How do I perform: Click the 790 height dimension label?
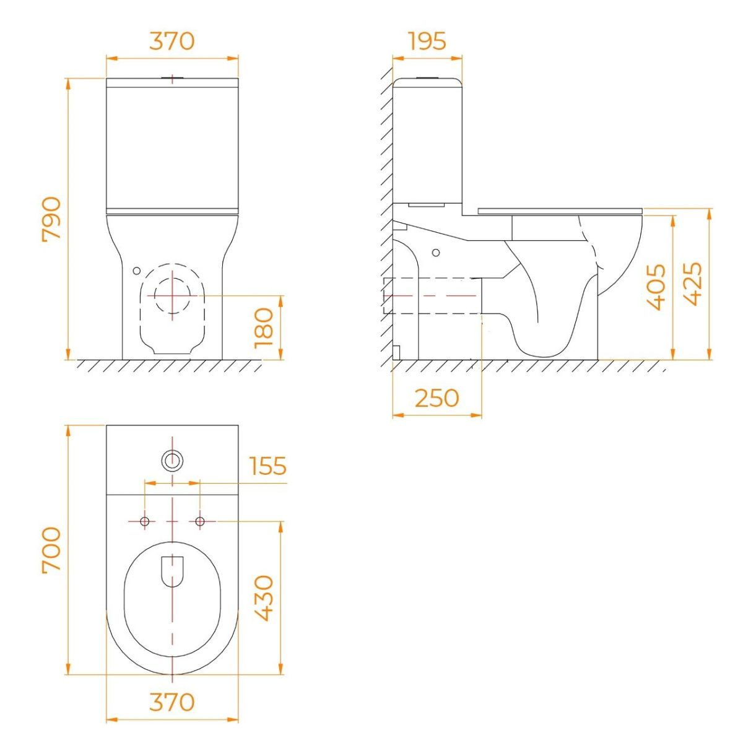51,219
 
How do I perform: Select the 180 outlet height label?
264,328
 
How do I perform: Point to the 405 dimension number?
655,287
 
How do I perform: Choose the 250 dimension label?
437,398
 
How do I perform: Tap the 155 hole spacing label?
268,466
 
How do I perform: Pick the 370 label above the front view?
172,41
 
